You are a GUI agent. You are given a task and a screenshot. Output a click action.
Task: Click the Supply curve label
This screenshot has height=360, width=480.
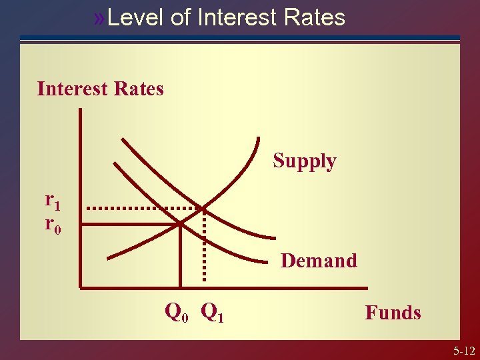[x=305, y=161]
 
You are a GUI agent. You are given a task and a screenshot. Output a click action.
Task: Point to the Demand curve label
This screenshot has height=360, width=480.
[x=319, y=260]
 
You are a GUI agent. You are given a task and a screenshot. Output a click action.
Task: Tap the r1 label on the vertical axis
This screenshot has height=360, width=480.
[x=52, y=199]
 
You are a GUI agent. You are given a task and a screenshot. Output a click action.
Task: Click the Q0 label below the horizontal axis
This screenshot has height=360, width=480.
[x=176, y=311]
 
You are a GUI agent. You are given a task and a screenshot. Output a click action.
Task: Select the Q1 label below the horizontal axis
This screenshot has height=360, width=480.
[x=212, y=311]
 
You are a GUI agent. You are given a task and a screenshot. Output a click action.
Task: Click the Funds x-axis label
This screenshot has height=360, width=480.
[x=393, y=312]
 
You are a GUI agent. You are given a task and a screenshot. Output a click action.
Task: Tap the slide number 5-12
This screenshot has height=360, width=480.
[x=463, y=351]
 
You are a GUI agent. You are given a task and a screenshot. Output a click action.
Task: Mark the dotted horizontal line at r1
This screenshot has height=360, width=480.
[x=143, y=208]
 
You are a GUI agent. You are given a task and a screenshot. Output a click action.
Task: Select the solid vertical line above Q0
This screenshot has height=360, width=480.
[x=181, y=257]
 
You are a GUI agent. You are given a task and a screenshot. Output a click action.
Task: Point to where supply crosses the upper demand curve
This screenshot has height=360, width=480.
[x=203, y=207]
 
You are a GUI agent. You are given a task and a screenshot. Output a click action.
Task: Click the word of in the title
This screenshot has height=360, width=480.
[x=180, y=17]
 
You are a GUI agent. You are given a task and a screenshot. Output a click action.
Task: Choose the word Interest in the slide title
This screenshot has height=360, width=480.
[x=237, y=17]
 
